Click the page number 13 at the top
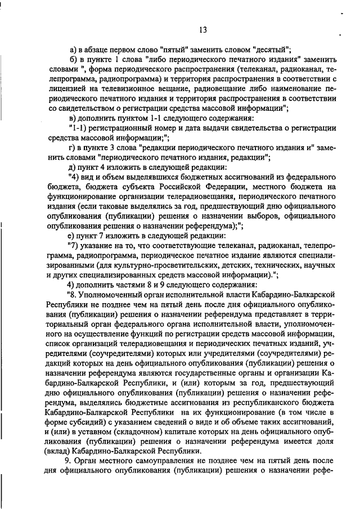tap(203, 30)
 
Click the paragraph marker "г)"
tap(71, 147)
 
